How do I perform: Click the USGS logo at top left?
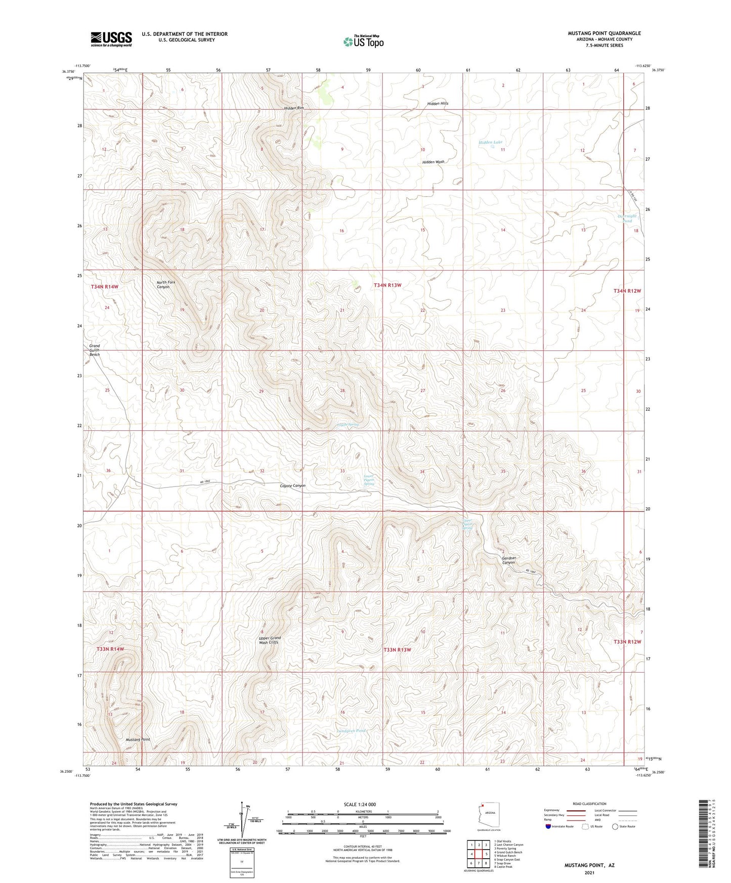coord(111,38)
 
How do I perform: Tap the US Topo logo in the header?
coord(363,41)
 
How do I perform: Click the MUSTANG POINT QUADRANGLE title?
coord(604,33)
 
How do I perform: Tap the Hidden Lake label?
coord(490,143)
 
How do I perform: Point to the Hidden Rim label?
coord(294,108)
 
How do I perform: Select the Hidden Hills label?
coord(438,103)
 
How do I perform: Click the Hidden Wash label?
coord(434,162)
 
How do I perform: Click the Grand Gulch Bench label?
coord(95,350)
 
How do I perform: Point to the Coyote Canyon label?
coord(293,485)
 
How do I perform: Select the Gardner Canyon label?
coord(509,560)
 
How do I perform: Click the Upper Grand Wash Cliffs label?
coord(270,640)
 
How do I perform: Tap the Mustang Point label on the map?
coord(138,739)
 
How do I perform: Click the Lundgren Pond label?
coord(351,730)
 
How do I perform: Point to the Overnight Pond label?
coord(627,218)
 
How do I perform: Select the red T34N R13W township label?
coord(388,285)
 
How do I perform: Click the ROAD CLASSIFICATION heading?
coord(589,804)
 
